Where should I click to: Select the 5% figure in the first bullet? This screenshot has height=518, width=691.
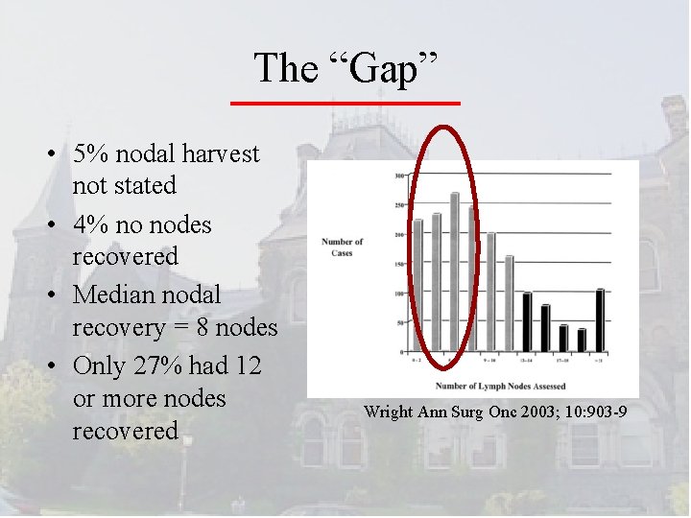tap(89, 153)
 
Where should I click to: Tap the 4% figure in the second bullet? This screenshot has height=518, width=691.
tap(89, 224)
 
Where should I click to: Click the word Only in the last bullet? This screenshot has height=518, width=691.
tap(101, 366)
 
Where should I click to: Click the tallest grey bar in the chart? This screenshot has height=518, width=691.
tap(455, 271)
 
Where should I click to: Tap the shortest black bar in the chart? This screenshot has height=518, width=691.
tap(582, 341)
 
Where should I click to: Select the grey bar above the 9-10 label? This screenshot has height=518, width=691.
tap(491, 293)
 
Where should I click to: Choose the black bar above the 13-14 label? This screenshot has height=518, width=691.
tap(527, 322)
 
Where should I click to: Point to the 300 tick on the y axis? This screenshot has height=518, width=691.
tap(398, 177)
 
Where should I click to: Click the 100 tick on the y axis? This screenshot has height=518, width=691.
tap(398, 294)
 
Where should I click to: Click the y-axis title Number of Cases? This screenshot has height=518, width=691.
tap(343, 247)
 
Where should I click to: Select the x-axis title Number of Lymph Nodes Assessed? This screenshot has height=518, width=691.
tap(500, 386)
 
